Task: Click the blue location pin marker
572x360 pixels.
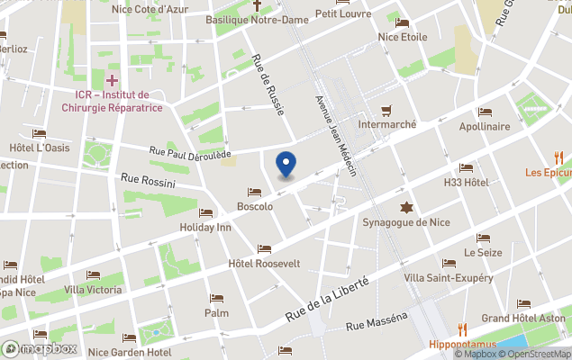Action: [286, 165]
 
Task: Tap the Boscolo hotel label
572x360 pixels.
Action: [255, 206]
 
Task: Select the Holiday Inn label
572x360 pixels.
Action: [205, 228]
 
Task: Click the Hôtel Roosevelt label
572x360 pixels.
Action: [264, 263]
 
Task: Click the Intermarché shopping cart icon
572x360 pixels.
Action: [387, 110]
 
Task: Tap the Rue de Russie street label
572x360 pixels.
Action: [268, 85]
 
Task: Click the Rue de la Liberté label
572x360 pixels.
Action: [328, 298]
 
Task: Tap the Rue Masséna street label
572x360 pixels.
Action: [376, 320]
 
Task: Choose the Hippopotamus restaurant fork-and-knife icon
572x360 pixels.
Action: [462, 329]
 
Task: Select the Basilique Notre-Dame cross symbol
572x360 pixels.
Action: [257, 5]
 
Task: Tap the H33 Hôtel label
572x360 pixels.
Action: [466, 182]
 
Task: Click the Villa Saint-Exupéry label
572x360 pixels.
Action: [448, 277]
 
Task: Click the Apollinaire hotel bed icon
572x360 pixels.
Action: [485, 112]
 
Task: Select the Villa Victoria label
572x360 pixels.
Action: [93, 290]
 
